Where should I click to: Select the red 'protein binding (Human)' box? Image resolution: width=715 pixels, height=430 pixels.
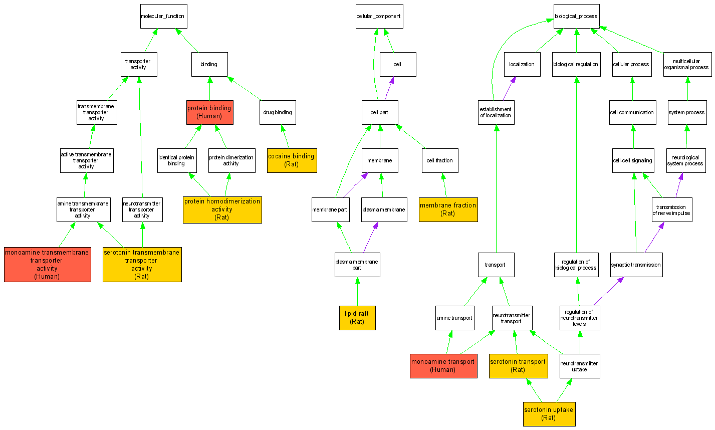(x=209, y=112)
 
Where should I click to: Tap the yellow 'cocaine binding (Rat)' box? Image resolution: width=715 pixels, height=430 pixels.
(x=292, y=160)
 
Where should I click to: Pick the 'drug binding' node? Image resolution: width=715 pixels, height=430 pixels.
(x=278, y=112)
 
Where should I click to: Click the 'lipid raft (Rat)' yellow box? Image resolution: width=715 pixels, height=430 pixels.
(x=357, y=318)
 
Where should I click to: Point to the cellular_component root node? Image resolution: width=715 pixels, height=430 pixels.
(x=378, y=17)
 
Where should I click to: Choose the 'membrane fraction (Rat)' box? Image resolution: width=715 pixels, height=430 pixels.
(x=448, y=209)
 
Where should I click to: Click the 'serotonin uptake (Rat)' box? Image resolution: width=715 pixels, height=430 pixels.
(x=549, y=414)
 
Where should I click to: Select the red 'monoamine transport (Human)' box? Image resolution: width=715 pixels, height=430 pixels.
(x=443, y=366)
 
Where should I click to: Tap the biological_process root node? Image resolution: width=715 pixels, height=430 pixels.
(x=576, y=17)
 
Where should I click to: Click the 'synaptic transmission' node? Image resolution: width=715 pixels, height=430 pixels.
(x=636, y=265)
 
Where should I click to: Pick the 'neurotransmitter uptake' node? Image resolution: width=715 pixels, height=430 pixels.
(x=579, y=366)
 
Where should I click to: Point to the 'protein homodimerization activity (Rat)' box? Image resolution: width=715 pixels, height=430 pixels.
(x=222, y=209)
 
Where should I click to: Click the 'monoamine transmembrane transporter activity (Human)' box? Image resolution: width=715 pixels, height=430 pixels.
(x=47, y=265)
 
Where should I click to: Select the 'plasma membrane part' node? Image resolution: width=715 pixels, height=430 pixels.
(x=357, y=265)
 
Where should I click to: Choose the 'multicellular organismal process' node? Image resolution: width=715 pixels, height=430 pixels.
(x=687, y=65)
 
